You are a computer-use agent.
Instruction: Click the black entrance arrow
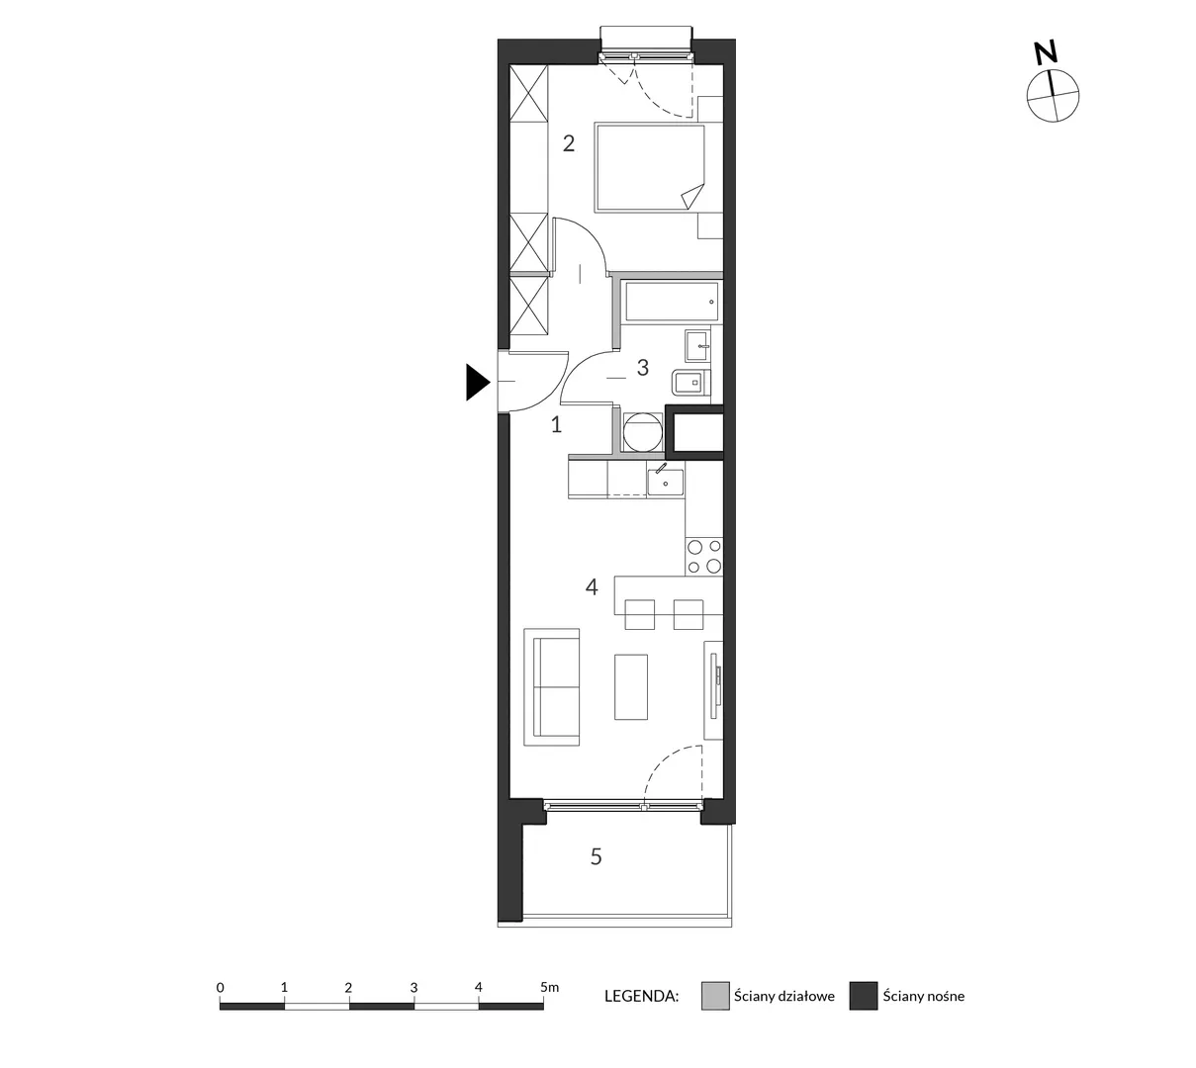[477, 383]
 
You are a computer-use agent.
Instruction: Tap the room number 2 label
[568, 143]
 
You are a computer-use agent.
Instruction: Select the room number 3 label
[642, 368]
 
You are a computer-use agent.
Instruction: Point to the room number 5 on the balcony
[596, 856]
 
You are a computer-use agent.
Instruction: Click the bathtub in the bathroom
[671, 303]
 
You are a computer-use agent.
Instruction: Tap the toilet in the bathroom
[690, 383]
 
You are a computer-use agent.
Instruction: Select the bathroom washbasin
[697, 346]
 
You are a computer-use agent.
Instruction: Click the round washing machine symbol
[642, 432]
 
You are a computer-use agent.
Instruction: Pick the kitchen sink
[665, 482]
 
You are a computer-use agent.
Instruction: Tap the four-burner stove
[703, 557]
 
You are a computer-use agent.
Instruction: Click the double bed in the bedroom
[650, 167]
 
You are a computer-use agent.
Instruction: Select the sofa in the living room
[551, 687]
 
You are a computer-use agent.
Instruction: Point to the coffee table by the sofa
[630, 687]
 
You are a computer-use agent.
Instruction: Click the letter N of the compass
[1046, 53]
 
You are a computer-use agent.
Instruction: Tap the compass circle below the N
[1053, 96]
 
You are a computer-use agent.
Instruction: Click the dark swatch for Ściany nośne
[863, 996]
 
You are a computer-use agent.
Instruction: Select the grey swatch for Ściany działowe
[715, 996]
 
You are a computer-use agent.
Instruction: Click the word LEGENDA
[641, 997]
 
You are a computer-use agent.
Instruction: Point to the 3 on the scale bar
[414, 987]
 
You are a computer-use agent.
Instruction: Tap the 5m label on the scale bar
[549, 987]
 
